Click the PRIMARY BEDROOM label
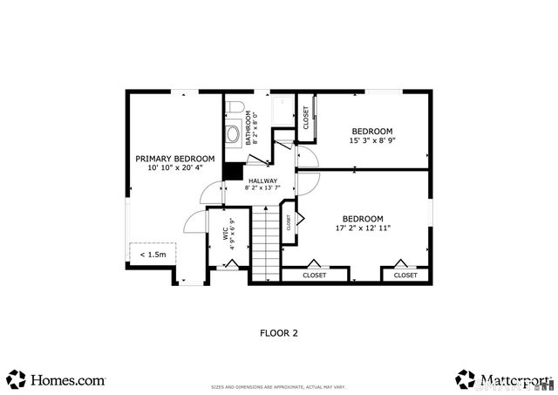coord(174,159)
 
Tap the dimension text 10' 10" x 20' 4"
coord(174,167)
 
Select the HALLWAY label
coord(262,180)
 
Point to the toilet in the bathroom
coord(233,110)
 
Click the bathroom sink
coord(234,134)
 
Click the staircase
coord(264,244)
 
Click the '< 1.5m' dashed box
coord(153,255)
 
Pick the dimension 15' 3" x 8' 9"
coord(373,140)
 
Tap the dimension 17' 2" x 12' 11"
coord(362,228)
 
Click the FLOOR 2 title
coord(279,332)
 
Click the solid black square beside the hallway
coord(233,172)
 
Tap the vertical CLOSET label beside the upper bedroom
coord(306,118)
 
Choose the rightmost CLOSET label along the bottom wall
coord(405,275)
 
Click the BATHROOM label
coord(248,127)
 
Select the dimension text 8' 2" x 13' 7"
coord(262,187)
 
